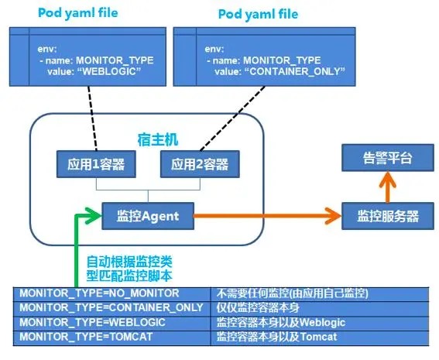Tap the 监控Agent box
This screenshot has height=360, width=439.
(x=147, y=215)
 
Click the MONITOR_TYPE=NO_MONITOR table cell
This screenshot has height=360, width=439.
(x=112, y=294)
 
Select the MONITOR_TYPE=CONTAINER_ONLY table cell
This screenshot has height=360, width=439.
(x=112, y=308)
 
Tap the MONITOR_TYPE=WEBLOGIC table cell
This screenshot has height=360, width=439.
(x=112, y=322)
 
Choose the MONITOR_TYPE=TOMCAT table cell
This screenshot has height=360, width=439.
(x=112, y=337)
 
